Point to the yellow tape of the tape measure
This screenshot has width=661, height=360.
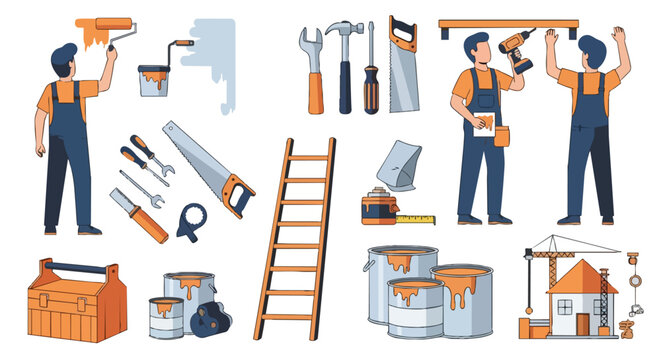click(x=416, y=218)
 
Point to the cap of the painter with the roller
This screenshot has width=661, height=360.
click(x=63, y=51)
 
